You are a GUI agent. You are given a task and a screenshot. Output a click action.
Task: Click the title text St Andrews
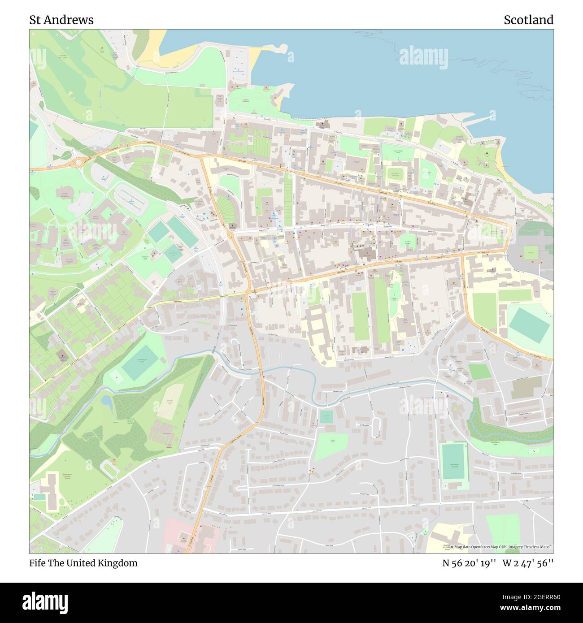pos(61,20)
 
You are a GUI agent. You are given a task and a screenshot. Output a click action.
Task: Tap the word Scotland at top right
pos(528,20)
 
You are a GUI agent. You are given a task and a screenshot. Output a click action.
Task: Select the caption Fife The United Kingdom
pos(83,563)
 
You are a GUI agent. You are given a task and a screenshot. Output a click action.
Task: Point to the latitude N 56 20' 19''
pos(469,563)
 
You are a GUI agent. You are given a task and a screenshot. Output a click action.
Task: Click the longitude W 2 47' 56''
pos(528,563)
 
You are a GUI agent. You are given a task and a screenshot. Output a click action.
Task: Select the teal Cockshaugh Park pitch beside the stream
pos(140,362)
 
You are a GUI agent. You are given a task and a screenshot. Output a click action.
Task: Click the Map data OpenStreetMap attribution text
pos(500,547)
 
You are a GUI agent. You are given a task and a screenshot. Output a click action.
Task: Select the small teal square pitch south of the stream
pos(326,417)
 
